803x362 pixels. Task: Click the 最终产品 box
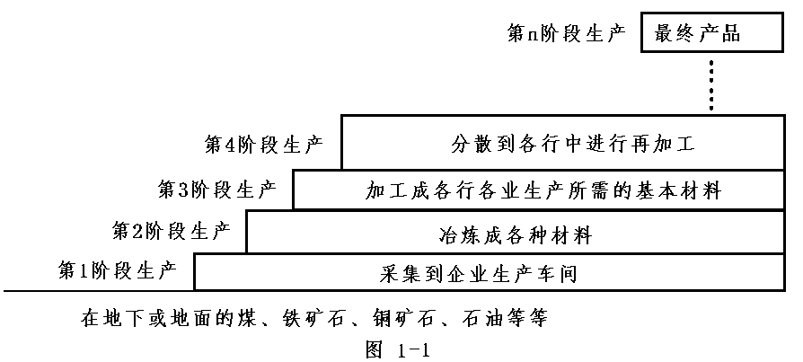[x=710, y=35]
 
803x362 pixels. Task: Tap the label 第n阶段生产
[x=565, y=36]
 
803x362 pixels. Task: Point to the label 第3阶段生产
[x=216, y=190]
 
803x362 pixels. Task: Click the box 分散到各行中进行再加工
[x=560, y=143]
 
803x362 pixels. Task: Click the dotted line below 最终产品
[x=710, y=85]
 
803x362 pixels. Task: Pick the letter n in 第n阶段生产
[x=533, y=37]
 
